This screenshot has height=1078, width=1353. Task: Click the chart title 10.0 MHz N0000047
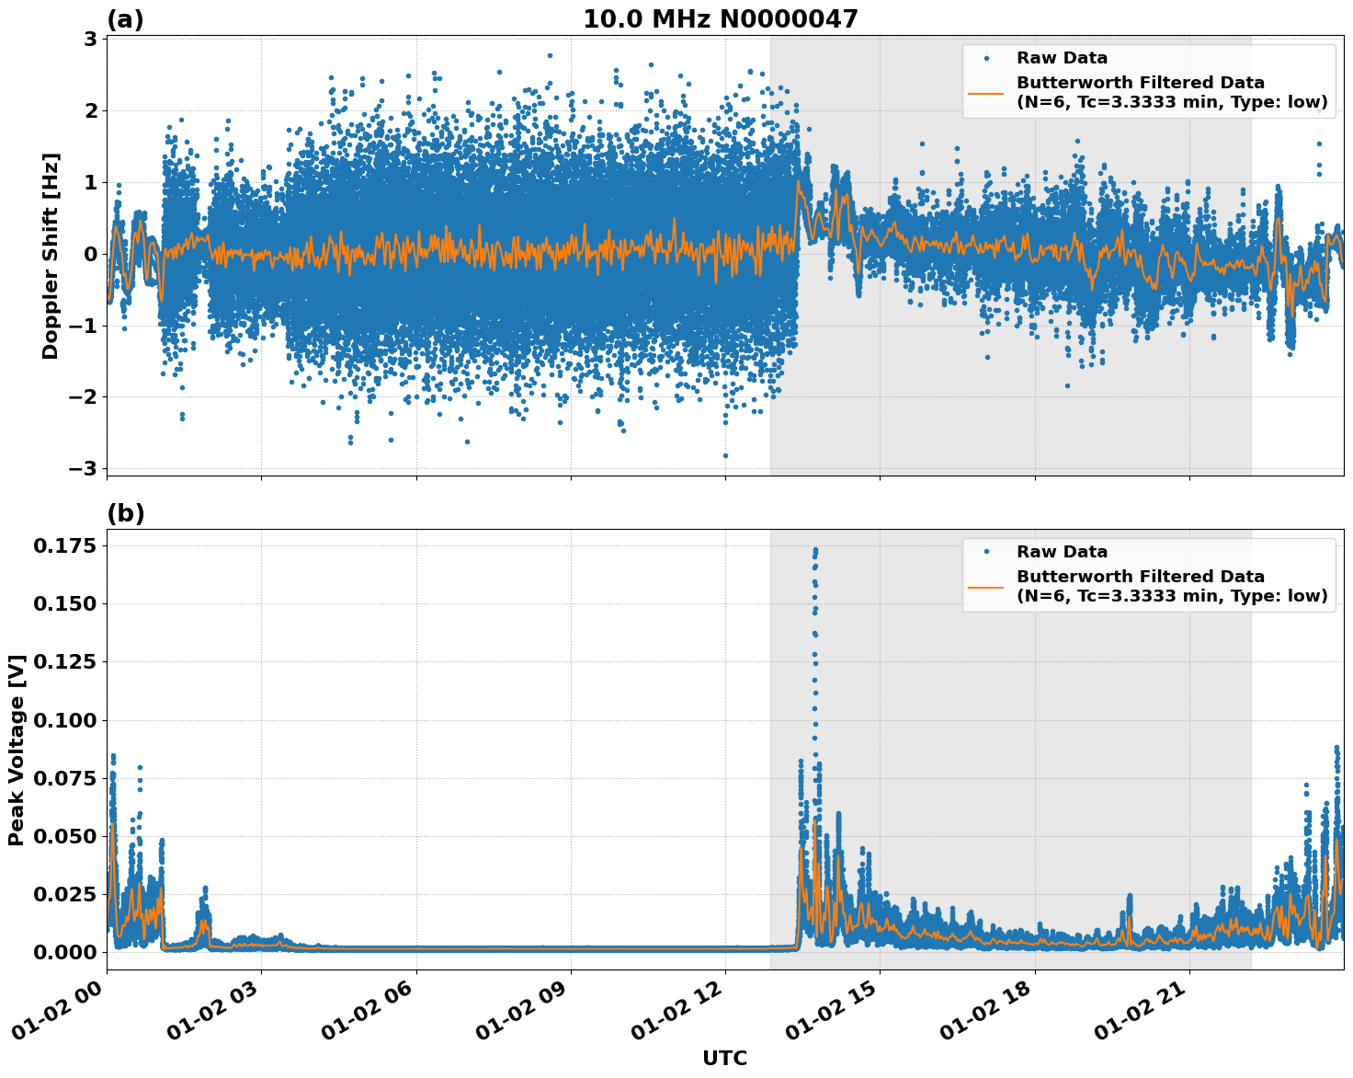tap(720, 19)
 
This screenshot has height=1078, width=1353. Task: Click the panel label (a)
tap(125, 19)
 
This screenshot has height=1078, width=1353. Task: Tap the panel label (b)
tap(125, 513)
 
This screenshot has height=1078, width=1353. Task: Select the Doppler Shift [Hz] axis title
tap(51, 256)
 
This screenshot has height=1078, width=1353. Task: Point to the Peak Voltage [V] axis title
tap(16, 750)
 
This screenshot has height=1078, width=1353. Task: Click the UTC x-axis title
tap(724, 1058)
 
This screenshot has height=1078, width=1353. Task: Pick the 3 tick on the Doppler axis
tap(90, 39)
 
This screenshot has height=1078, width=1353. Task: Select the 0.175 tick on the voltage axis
tap(64, 546)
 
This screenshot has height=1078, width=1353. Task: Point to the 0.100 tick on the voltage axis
tap(64, 720)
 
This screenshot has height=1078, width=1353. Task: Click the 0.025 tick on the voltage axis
tap(64, 894)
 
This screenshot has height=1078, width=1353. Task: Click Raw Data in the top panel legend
tap(1062, 59)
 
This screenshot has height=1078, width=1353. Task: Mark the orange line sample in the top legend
tap(986, 92)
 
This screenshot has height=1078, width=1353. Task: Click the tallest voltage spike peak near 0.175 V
tap(815, 550)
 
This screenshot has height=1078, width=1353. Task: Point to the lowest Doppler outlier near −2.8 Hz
tap(725, 455)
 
